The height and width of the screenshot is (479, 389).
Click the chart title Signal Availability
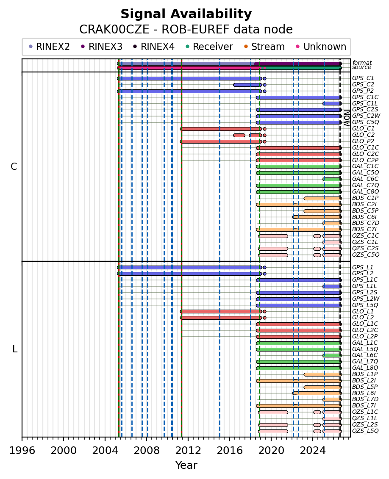point(186,14)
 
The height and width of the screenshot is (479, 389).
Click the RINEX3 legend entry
point(102,47)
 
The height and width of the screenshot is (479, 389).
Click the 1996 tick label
point(22,450)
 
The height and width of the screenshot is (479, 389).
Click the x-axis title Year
point(186,465)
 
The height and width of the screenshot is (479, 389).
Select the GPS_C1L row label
point(365,103)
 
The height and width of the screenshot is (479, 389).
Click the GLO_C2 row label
point(363,135)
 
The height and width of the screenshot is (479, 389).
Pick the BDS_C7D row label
point(365,223)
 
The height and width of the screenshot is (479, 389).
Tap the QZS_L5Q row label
point(365,431)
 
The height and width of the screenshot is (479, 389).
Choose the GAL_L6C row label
point(365,355)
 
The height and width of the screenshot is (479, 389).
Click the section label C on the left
point(14,166)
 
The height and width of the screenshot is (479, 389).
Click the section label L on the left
point(15,349)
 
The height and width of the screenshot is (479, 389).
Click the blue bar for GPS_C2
point(247,85)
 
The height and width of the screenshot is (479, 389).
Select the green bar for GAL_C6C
point(332,179)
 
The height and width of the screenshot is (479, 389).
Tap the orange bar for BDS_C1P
point(322,198)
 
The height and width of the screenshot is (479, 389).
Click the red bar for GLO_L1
point(221,312)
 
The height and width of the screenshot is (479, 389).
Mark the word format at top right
point(362,63)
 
